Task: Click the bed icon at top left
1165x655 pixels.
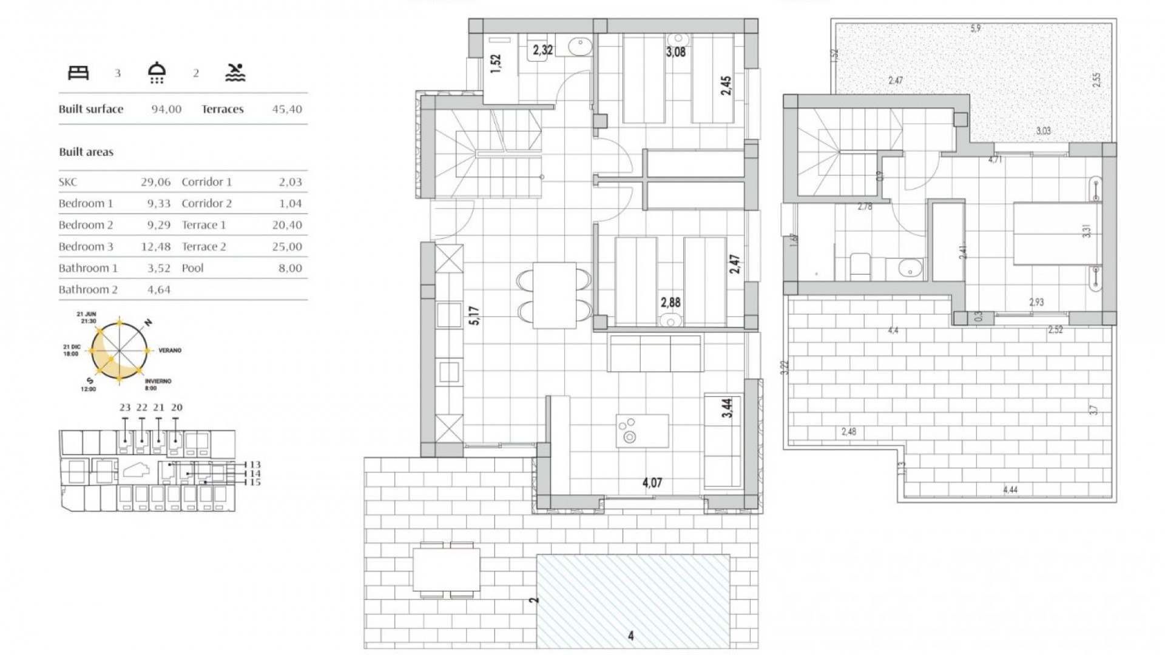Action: tap(78, 73)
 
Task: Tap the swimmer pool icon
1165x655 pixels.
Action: tap(235, 73)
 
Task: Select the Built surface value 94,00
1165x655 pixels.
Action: tap(166, 109)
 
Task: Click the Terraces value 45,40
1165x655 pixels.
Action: tap(287, 109)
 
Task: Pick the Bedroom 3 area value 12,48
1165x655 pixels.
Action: tap(159, 247)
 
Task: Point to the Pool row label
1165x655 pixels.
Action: tap(193, 268)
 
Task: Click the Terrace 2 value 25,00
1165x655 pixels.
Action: tap(287, 247)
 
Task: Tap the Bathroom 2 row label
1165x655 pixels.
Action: tap(88, 290)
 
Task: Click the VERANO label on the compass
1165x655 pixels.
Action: tap(170, 351)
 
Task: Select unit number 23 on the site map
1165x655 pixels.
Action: tap(125, 408)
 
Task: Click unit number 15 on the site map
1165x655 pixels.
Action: tap(255, 482)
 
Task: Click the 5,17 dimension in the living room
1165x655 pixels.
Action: tap(474, 315)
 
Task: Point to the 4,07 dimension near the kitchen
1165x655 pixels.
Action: tap(652, 483)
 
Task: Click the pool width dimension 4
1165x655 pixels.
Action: tap(631, 636)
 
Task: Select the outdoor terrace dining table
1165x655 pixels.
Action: tap(446, 569)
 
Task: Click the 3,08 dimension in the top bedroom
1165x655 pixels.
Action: tap(675, 52)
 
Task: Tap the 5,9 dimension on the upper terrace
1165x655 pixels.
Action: tap(975, 29)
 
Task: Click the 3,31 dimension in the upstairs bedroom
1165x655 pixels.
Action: tap(1087, 231)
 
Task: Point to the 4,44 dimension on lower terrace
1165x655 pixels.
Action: tap(1010, 490)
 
